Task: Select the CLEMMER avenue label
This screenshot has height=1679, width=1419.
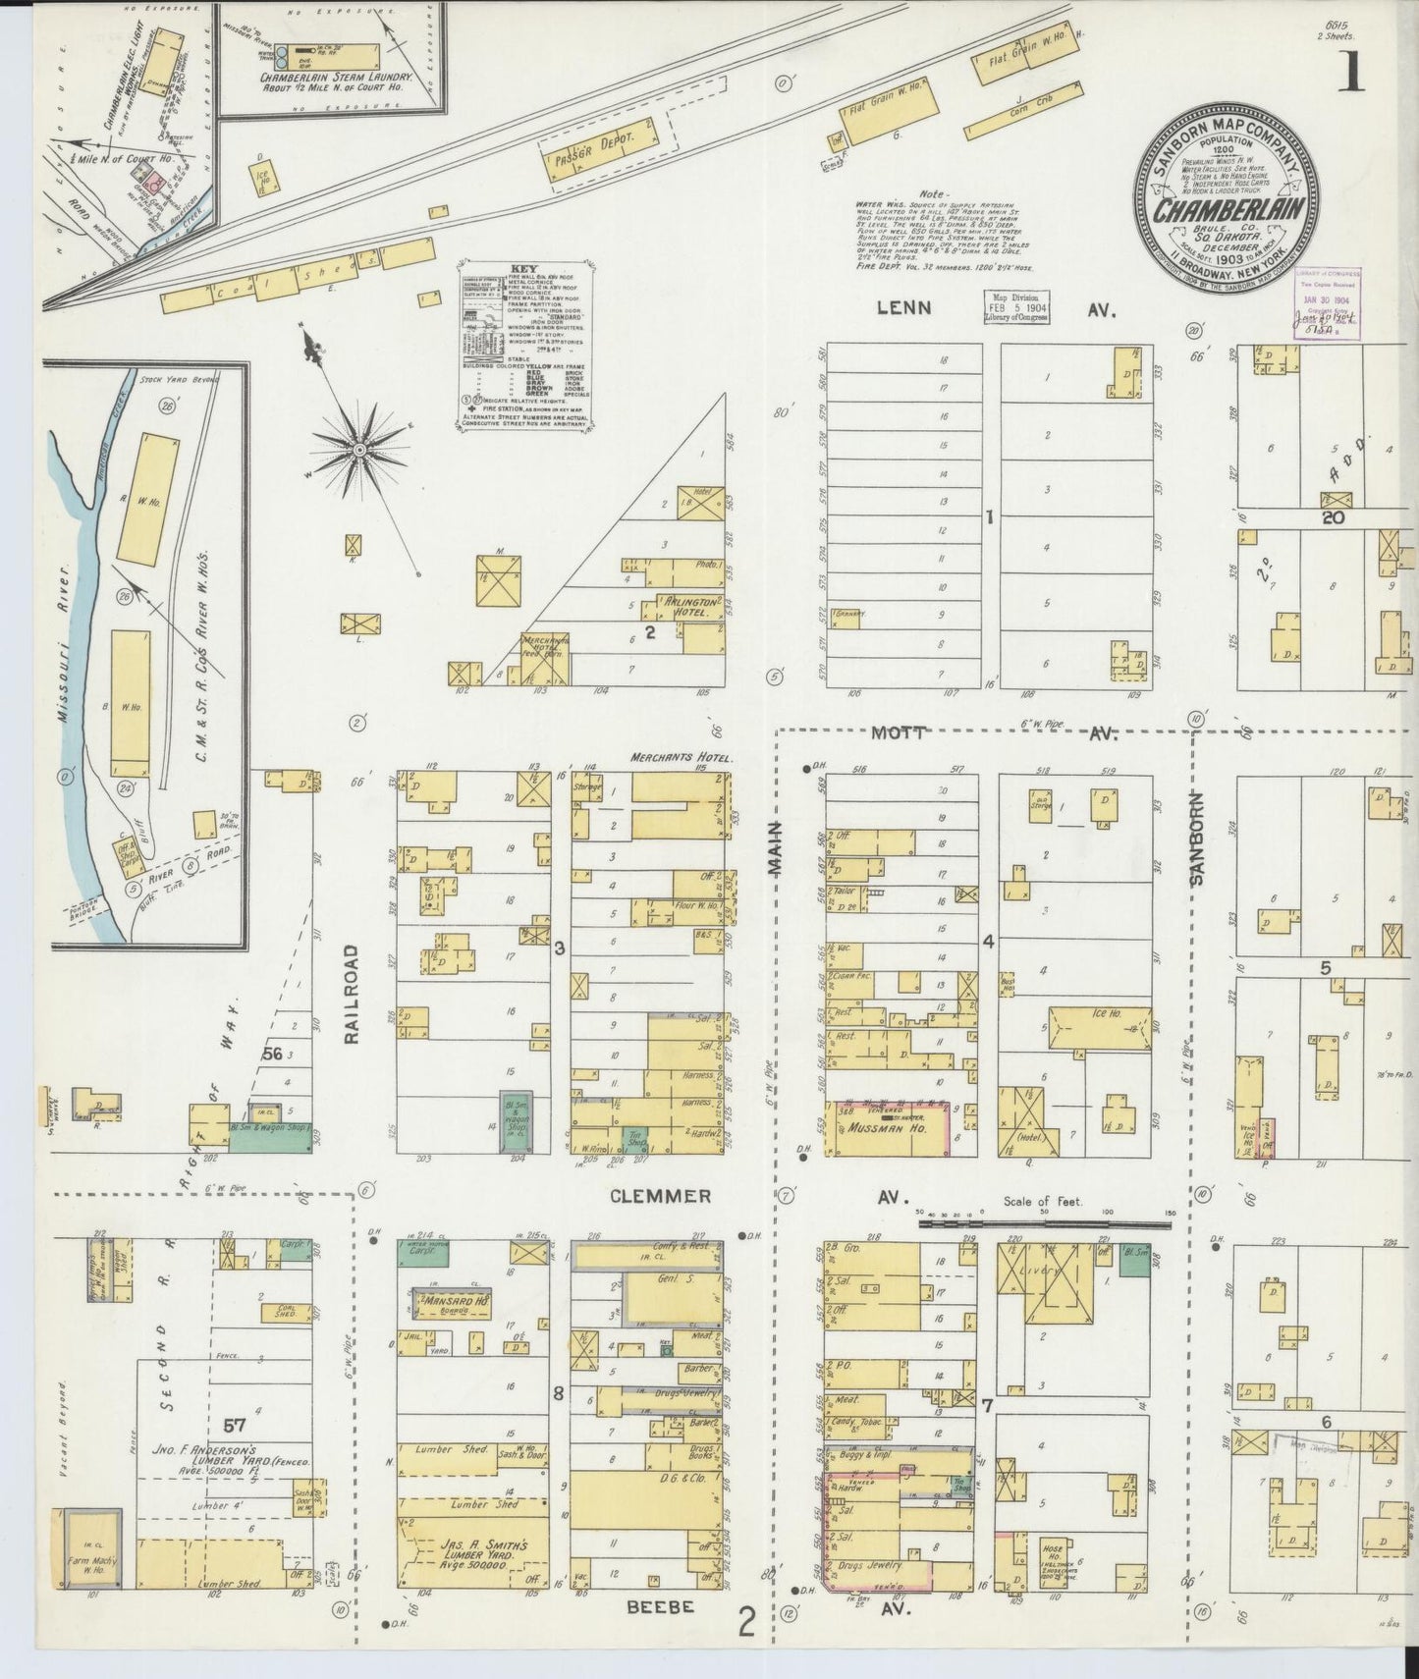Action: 658,1196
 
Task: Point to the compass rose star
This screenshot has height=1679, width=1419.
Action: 360,449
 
